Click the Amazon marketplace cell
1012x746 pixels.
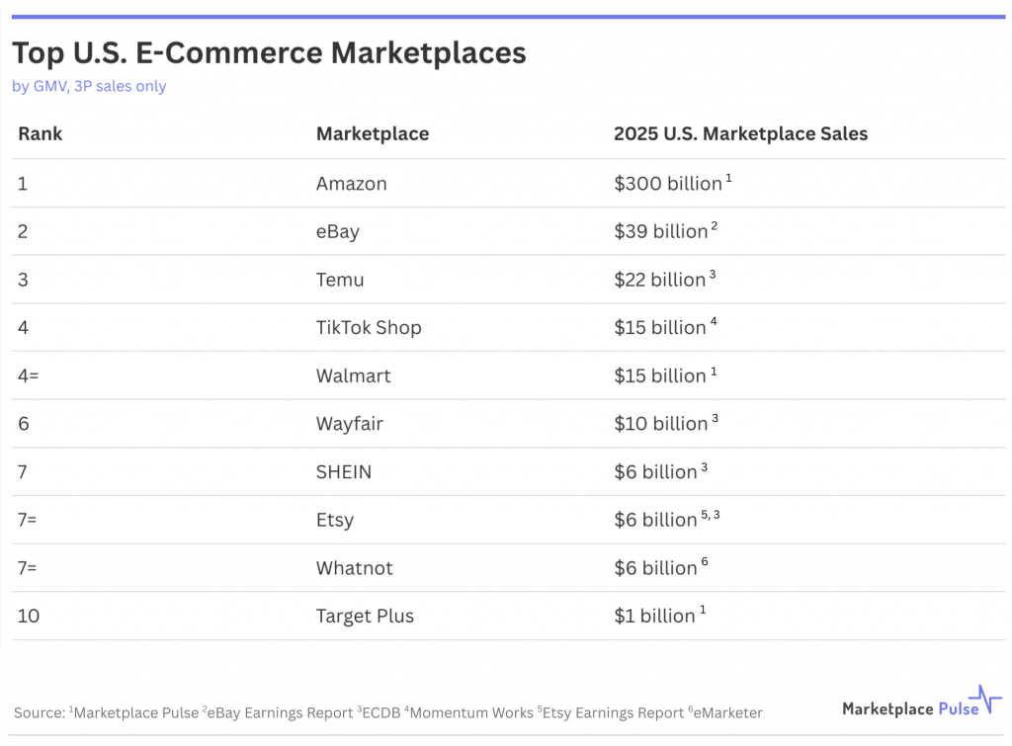coord(351,184)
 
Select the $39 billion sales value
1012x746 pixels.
coord(660,231)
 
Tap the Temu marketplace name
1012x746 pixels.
coord(340,280)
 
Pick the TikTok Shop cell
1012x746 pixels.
coord(369,328)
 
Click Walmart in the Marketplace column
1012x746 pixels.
coord(353,375)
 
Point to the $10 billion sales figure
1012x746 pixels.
coord(660,424)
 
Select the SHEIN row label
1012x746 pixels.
coord(344,472)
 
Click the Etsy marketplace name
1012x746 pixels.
coord(335,520)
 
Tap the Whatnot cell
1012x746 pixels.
coord(354,568)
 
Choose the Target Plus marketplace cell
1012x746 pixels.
coord(365,616)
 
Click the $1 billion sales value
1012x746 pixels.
coord(654,616)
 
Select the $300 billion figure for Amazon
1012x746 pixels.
coord(667,184)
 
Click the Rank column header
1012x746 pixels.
coord(40,133)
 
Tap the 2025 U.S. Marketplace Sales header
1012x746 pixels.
coord(740,133)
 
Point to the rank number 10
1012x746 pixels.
coord(29,616)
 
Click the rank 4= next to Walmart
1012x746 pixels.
coord(30,375)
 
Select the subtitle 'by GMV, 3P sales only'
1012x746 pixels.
coord(89,86)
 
